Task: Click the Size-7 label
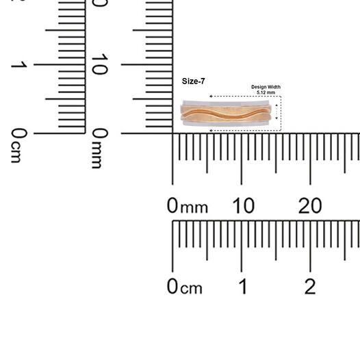[x=193, y=81]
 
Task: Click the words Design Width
[x=266, y=87]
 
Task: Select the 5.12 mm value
[x=266, y=92]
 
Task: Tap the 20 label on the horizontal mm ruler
[x=310, y=206]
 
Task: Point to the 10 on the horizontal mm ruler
[x=244, y=206]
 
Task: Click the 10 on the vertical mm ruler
[x=99, y=64]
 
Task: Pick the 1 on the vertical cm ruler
[x=19, y=64]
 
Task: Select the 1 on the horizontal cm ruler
[x=243, y=286]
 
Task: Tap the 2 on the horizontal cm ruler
[x=310, y=286]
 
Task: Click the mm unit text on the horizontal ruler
[x=194, y=208]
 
